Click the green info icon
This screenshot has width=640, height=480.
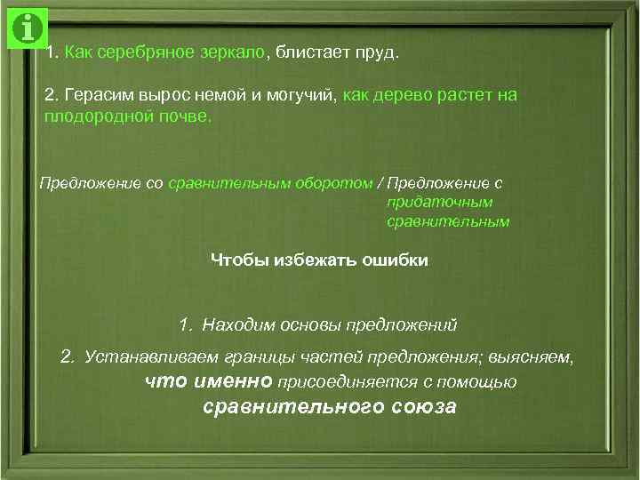click(28, 28)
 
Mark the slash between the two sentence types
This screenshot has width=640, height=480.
click(380, 183)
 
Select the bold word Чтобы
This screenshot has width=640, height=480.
click(237, 260)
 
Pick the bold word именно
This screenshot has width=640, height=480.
click(229, 381)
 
